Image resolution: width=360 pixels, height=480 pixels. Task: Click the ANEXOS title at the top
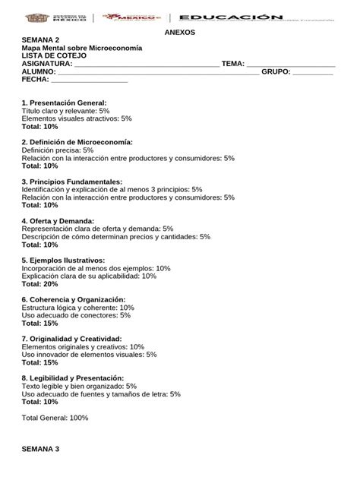(x=180, y=33)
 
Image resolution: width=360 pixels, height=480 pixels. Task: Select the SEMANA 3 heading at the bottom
(x=40, y=449)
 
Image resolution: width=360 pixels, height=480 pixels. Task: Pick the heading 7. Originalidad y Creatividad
(x=72, y=339)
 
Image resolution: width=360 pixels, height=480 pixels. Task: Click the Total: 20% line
(x=40, y=283)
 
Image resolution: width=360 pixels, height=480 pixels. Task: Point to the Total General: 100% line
(x=55, y=418)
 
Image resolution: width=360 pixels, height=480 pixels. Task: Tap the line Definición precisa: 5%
(x=58, y=150)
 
